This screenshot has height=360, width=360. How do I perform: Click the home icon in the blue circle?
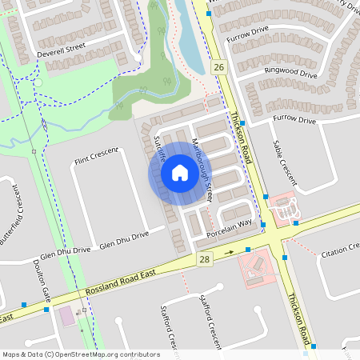pos(179,173)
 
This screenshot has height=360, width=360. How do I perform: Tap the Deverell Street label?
pos(61,52)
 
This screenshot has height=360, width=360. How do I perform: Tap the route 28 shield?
pos(205,259)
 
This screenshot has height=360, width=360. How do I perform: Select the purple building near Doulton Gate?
pos(68,317)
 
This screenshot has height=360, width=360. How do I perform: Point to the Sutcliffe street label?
pos(158,149)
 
